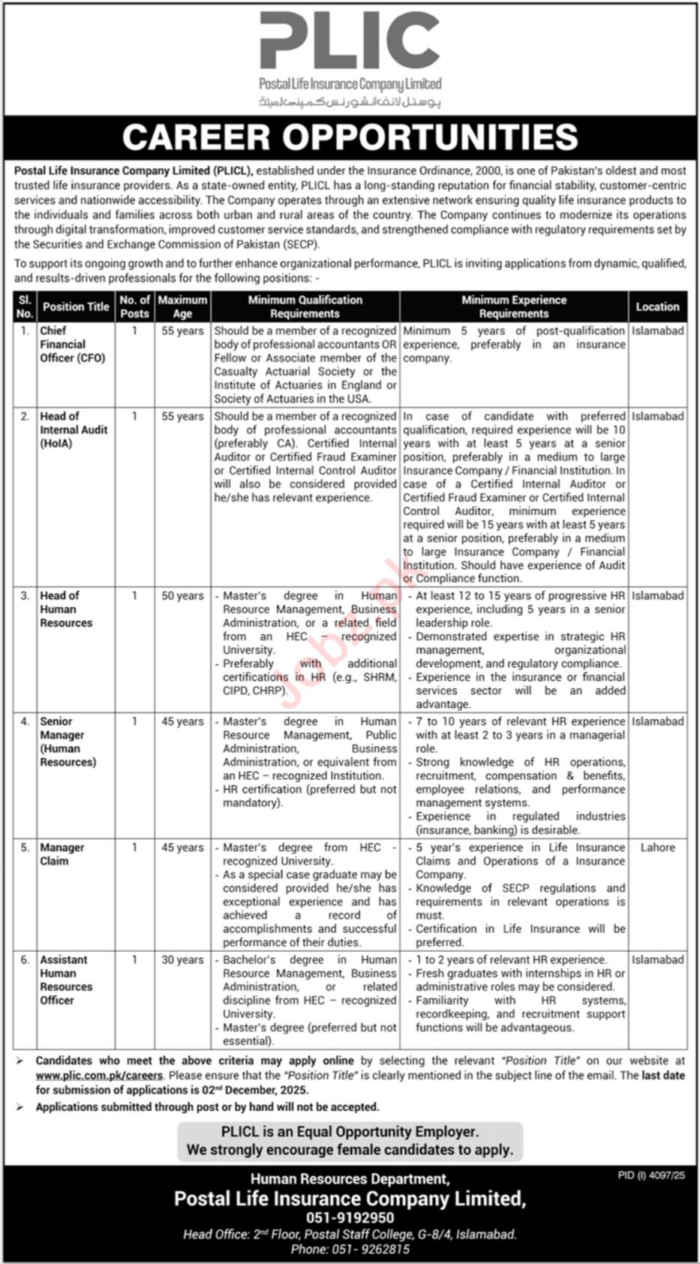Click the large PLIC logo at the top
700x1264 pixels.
(x=350, y=44)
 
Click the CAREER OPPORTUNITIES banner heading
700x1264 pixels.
(x=350, y=137)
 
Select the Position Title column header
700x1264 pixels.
(x=76, y=307)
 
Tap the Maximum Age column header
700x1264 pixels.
(x=182, y=307)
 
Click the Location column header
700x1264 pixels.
(x=657, y=307)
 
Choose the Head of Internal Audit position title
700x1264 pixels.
(x=74, y=430)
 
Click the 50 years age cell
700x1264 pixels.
(x=182, y=596)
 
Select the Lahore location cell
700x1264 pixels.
(x=657, y=847)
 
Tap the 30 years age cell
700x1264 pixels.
(x=182, y=960)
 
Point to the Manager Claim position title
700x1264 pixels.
(x=62, y=854)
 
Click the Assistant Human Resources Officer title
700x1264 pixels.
(x=66, y=980)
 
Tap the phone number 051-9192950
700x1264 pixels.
(x=350, y=1218)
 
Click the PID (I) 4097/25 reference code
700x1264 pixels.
(x=651, y=1175)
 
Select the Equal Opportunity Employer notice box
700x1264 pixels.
(x=350, y=1141)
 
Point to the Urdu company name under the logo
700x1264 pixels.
(x=350, y=101)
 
